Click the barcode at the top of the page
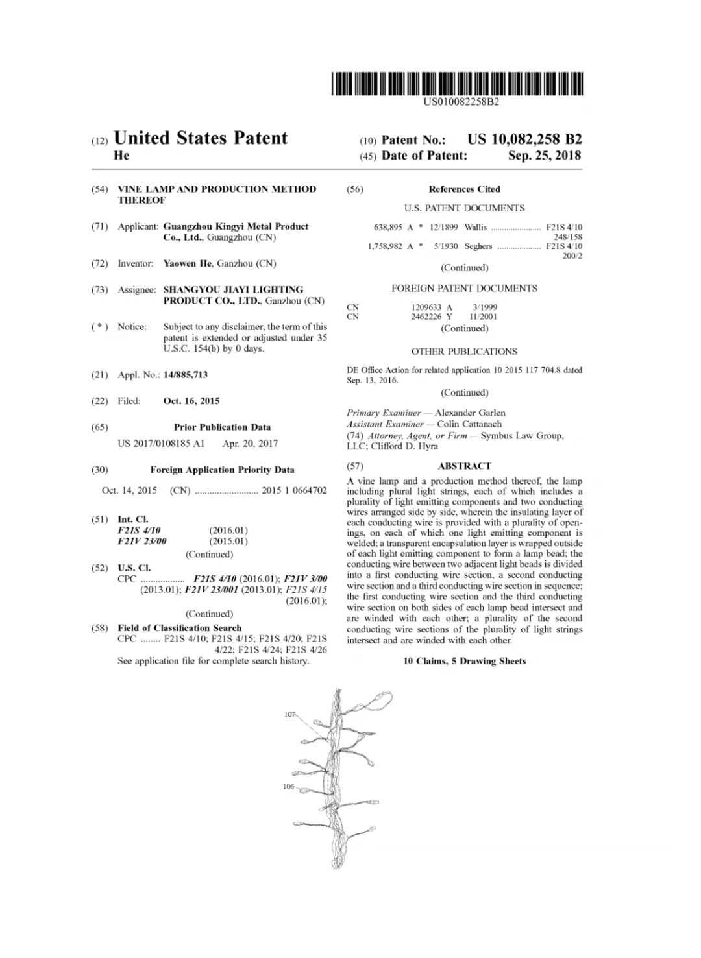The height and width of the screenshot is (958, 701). point(457,84)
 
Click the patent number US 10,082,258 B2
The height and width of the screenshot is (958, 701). point(524,139)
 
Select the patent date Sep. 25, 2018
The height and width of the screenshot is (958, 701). point(545,156)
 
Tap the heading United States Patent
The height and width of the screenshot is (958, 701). point(200,138)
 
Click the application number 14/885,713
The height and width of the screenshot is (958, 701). point(186,375)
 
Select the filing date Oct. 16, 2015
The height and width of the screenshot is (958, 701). point(191,401)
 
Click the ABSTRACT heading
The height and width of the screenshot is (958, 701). point(465,466)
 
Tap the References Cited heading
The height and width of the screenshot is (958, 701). point(464,189)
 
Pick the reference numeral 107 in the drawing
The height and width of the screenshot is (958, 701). point(289,714)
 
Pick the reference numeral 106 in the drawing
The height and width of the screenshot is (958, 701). point(288,787)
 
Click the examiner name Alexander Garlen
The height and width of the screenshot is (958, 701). point(470,413)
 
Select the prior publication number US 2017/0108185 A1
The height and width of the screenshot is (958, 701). point(161,444)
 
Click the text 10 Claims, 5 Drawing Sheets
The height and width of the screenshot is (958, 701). point(465,661)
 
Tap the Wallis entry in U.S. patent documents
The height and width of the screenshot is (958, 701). point(475,228)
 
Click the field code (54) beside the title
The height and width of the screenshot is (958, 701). point(99,189)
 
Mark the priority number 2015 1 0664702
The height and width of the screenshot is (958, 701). point(294,490)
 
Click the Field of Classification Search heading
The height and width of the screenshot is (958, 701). point(179,628)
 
